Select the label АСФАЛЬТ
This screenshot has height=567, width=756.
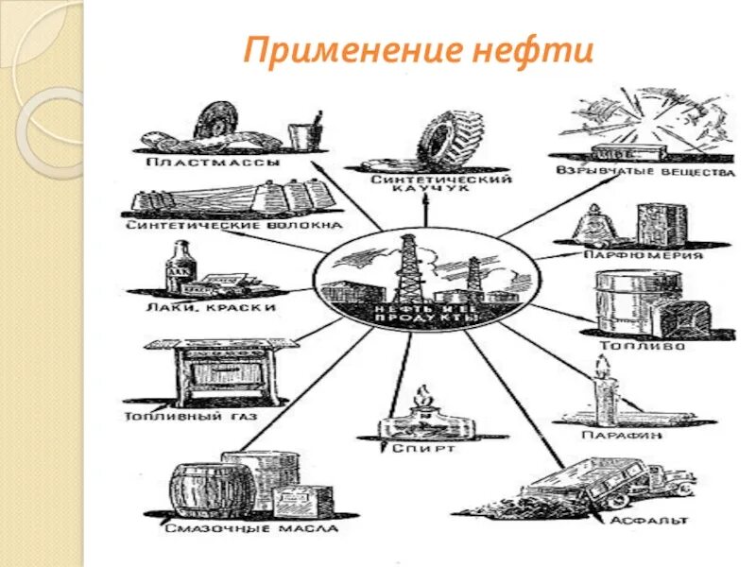click(x=647, y=520)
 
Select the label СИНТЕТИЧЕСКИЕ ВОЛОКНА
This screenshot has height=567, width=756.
click(x=232, y=226)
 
